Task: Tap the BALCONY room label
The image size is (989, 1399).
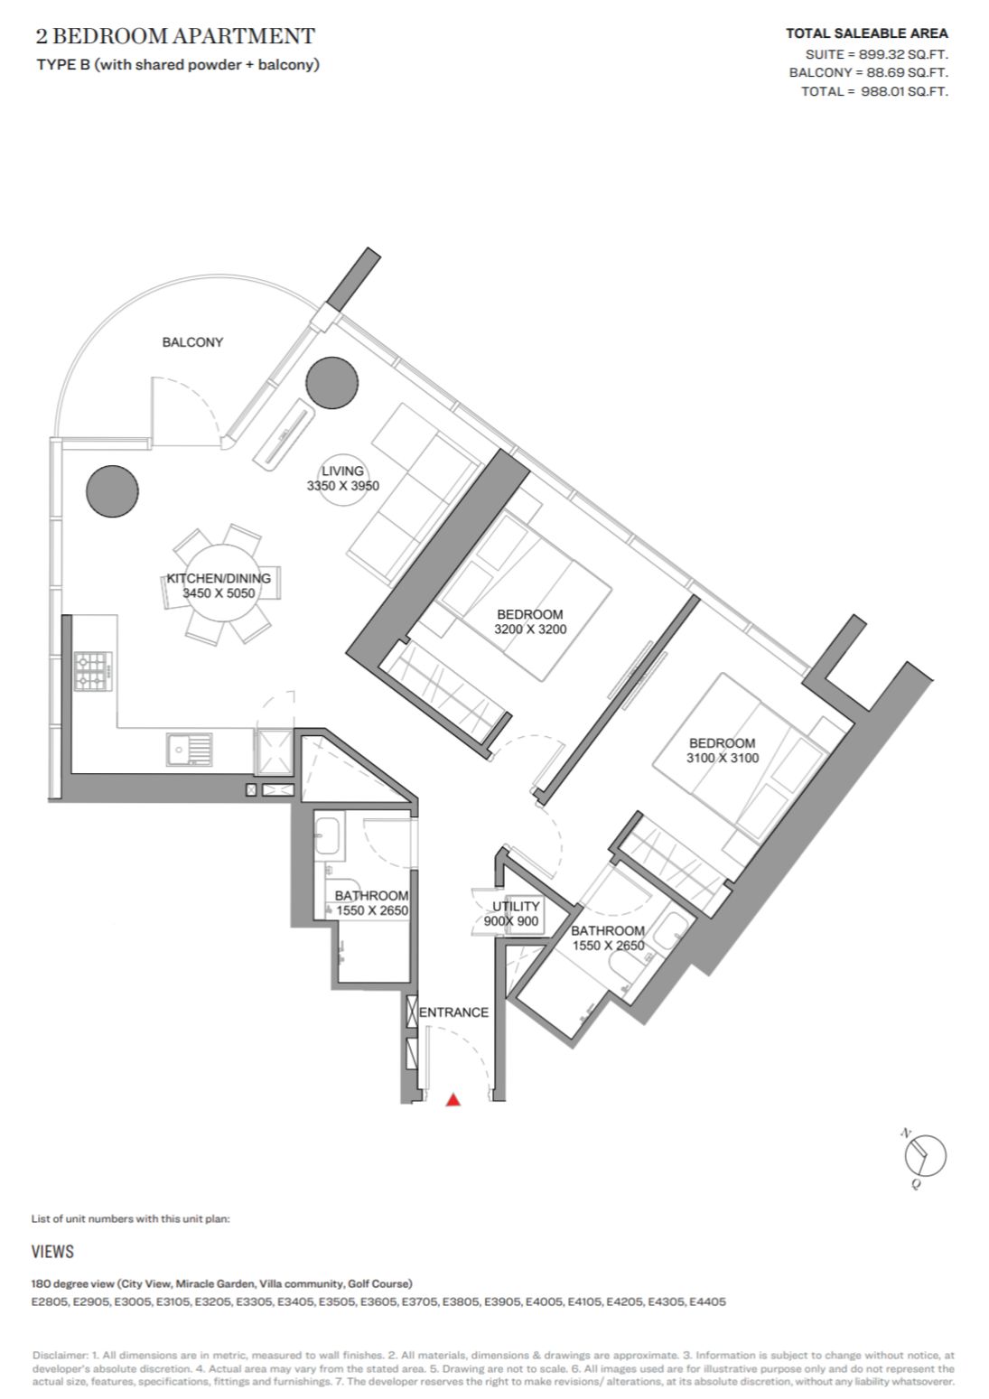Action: point(192,342)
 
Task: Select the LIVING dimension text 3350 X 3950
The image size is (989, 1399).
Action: point(343,486)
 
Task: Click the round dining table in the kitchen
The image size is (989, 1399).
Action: point(218,584)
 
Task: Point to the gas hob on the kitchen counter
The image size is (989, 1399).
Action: point(93,671)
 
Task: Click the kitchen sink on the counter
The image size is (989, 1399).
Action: point(189,749)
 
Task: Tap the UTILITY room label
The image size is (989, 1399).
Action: point(516,906)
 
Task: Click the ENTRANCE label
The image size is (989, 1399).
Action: point(453,1012)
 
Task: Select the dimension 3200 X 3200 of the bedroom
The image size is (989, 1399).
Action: point(530,629)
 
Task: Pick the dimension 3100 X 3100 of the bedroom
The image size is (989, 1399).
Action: point(723,759)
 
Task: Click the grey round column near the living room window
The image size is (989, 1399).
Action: point(333,382)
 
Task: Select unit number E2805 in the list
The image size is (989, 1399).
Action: point(50,1302)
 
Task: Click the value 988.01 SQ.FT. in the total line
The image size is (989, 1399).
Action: point(904,92)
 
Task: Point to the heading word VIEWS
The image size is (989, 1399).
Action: point(52,1252)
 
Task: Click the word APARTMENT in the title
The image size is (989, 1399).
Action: point(244,36)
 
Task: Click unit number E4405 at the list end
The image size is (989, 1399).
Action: point(707,1302)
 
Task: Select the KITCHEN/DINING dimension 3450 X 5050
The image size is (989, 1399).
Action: point(219,592)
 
